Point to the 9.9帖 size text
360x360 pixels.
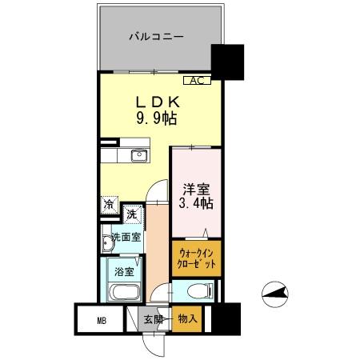(157, 119)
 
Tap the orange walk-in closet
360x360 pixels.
(195, 258)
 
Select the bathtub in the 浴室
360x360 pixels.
(121, 291)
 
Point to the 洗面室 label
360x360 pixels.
(126, 237)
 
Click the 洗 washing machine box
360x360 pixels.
(133, 214)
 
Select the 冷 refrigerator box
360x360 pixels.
(109, 204)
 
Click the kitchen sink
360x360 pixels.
(136, 154)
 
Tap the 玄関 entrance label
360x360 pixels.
(152, 320)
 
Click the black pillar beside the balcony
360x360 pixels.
(227, 60)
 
